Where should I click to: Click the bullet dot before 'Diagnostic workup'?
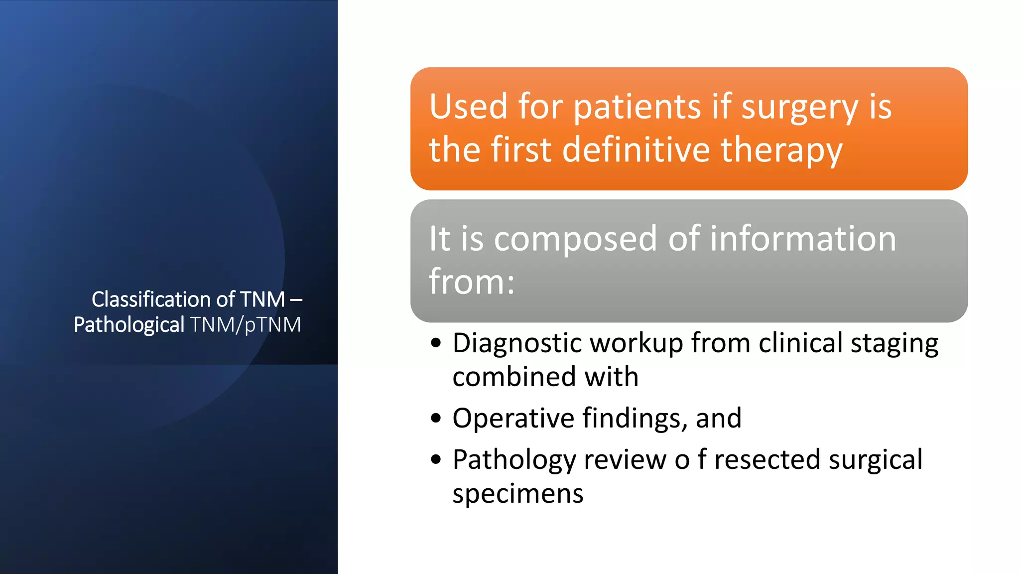coord(436,343)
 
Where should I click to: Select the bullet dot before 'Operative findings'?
coord(436,418)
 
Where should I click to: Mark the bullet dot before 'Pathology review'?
coord(436,459)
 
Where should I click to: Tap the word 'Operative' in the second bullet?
coord(513,419)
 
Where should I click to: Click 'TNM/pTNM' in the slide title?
coord(245,325)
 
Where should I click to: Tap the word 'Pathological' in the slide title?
coord(129,325)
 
